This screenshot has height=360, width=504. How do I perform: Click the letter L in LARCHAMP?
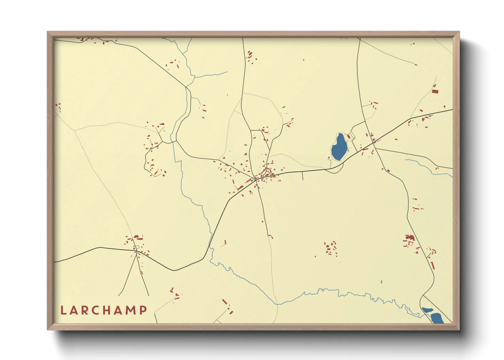tap(63, 310)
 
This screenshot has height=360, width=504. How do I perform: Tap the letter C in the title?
tap(94, 310)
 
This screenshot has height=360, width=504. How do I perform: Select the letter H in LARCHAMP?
tap(105, 310)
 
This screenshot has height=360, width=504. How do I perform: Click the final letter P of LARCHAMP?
tap(144, 310)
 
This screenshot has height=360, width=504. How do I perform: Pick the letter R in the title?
tap(83, 310)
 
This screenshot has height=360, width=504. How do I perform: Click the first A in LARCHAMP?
tap(73, 310)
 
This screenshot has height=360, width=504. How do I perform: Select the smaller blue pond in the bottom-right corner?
tap(427, 310)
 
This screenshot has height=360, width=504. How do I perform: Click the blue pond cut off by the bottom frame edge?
tap(437, 318)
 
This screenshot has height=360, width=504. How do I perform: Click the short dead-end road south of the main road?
tap(303, 176)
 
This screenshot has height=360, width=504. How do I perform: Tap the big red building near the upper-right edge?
tap(435, 91)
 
